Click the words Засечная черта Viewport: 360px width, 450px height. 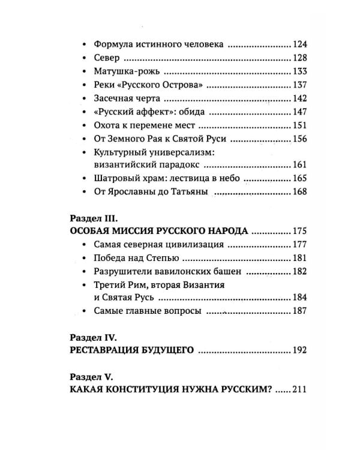[x=129, y=98]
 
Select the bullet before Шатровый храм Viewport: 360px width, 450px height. [x=83, y=178]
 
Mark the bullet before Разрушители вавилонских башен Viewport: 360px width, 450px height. [x=83, y=271]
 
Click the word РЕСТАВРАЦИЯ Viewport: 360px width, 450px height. [x=109, y=350]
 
